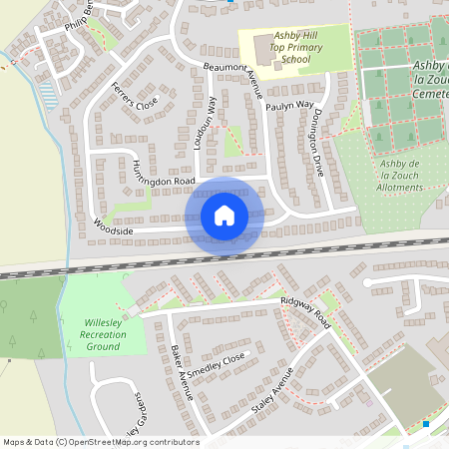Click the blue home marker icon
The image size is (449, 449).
(x=224, y=216)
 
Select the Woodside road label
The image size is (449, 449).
(x=115, y=226)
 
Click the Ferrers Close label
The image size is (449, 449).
(x=134, y=96)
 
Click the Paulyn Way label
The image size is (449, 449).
(x=290, y=104)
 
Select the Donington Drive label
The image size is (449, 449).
(x=311, y=139)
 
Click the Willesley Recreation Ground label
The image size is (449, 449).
(x=104, y=333)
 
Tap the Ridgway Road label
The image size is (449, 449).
(x=305, y=311)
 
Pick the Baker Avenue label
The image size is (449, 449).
(x=182, y=371)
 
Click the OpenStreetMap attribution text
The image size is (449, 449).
(x=101, y=442)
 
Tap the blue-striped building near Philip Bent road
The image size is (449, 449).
(x=47, y=95)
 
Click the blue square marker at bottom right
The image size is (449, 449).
(x=426, y=424)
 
